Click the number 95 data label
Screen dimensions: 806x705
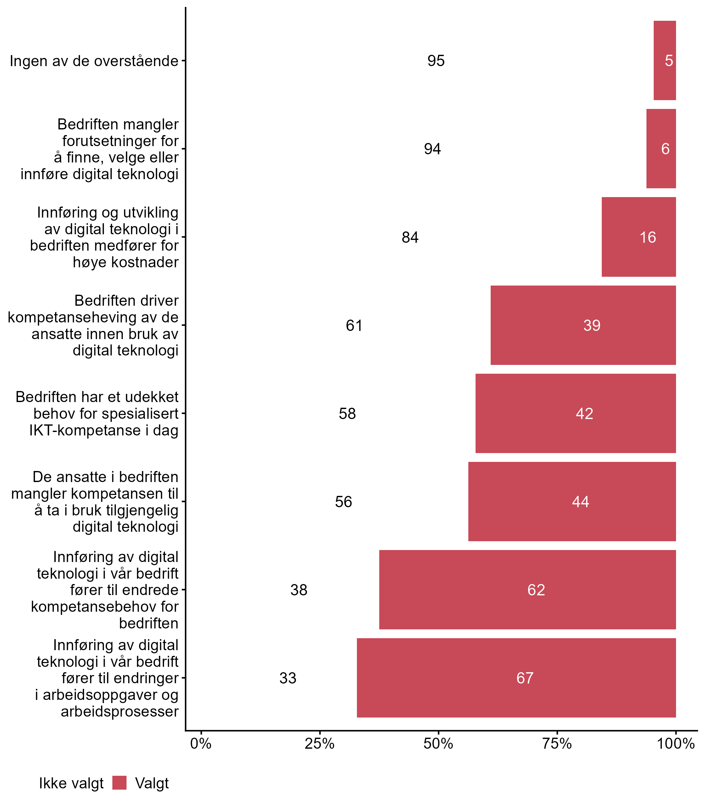[436, 60]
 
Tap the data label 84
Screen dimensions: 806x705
[410, 237]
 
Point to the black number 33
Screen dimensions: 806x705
[288, 678]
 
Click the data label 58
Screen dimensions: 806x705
[347, 414]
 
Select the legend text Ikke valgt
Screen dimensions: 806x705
[71, 783]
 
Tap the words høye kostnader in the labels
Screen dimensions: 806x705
[126, 262]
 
